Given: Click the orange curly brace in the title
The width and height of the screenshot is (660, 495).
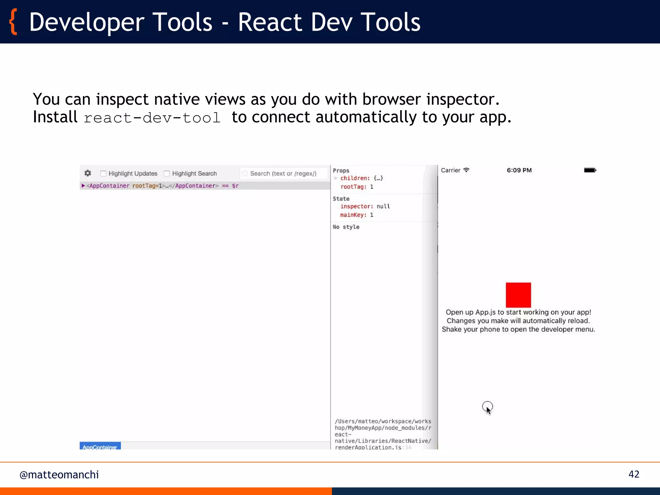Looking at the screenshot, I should [x=13, y=22].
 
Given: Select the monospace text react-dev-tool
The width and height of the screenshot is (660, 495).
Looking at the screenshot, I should [x=152, y=118].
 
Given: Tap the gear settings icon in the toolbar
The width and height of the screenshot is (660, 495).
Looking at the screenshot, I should [x=88, y=173].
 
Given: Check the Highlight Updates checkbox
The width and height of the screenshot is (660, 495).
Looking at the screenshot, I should [x=103, y=173].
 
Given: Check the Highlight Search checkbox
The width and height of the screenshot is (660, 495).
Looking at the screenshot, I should [x=167, y=173].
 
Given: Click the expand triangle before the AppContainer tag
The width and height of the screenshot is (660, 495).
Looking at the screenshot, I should [x=83, y=186].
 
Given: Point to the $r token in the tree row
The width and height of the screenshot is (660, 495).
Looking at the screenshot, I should [x=235, y=186].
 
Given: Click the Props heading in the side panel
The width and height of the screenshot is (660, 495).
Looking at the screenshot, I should [x=341, y=170].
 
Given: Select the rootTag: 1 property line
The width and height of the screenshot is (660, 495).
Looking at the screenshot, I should [x=357, y=187].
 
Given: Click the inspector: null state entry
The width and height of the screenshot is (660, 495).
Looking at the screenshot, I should [x=365, y=206].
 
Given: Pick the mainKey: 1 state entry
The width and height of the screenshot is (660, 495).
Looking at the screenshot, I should [x=356, y=215].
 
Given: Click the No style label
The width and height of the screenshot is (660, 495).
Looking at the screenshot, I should [x=346, y=227].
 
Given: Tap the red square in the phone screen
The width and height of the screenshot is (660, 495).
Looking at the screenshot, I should [x=518, y=295].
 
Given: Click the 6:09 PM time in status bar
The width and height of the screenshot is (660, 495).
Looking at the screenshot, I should [x=519, y=170].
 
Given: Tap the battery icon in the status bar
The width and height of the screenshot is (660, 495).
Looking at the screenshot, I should [x=590, y=170].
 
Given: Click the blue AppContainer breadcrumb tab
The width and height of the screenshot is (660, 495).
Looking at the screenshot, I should [x=100, y=446].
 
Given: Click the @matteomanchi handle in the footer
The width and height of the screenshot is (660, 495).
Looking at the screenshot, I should [x=59, y=475].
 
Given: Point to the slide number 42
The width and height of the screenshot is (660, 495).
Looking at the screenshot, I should [x=634, y=474].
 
